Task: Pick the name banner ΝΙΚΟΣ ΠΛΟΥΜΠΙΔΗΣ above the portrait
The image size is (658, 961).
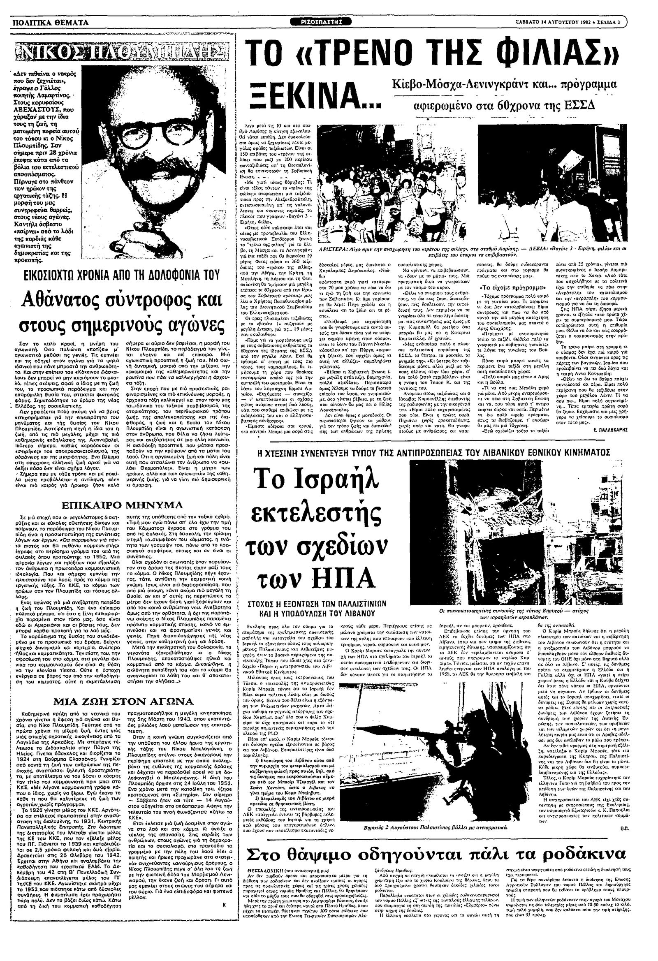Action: click(120, 52)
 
